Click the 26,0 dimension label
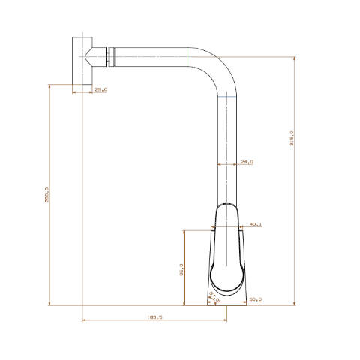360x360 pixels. coord(100,90)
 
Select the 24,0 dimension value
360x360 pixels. coord(247,162)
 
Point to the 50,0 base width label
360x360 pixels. coord(255,300)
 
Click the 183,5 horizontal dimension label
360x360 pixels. coord(156,318)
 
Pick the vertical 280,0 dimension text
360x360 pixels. coord(46,194)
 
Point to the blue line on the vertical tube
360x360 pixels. coord(227,96)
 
